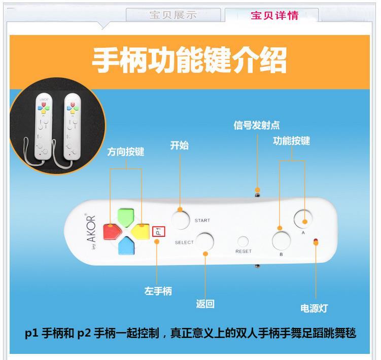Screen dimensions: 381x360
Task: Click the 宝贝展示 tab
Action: (x=172, y=15)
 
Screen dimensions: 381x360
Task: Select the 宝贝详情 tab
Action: (x=274, y=15)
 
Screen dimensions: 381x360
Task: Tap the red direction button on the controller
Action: (x=110, y=232)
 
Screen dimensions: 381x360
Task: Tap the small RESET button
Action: (x=244, y=242)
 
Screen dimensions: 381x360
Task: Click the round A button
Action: (x=303, y=219)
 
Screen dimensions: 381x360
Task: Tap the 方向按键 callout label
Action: (x=126, y=152)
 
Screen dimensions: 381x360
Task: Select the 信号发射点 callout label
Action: (x=257, y=125)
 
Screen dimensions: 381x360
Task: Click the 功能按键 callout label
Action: (x=291, y=141)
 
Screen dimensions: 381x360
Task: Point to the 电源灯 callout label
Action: (x=315, y=308)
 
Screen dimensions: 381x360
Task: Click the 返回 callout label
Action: (x=205, y=304)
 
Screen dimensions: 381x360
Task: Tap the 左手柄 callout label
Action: (x=158, y=291)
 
